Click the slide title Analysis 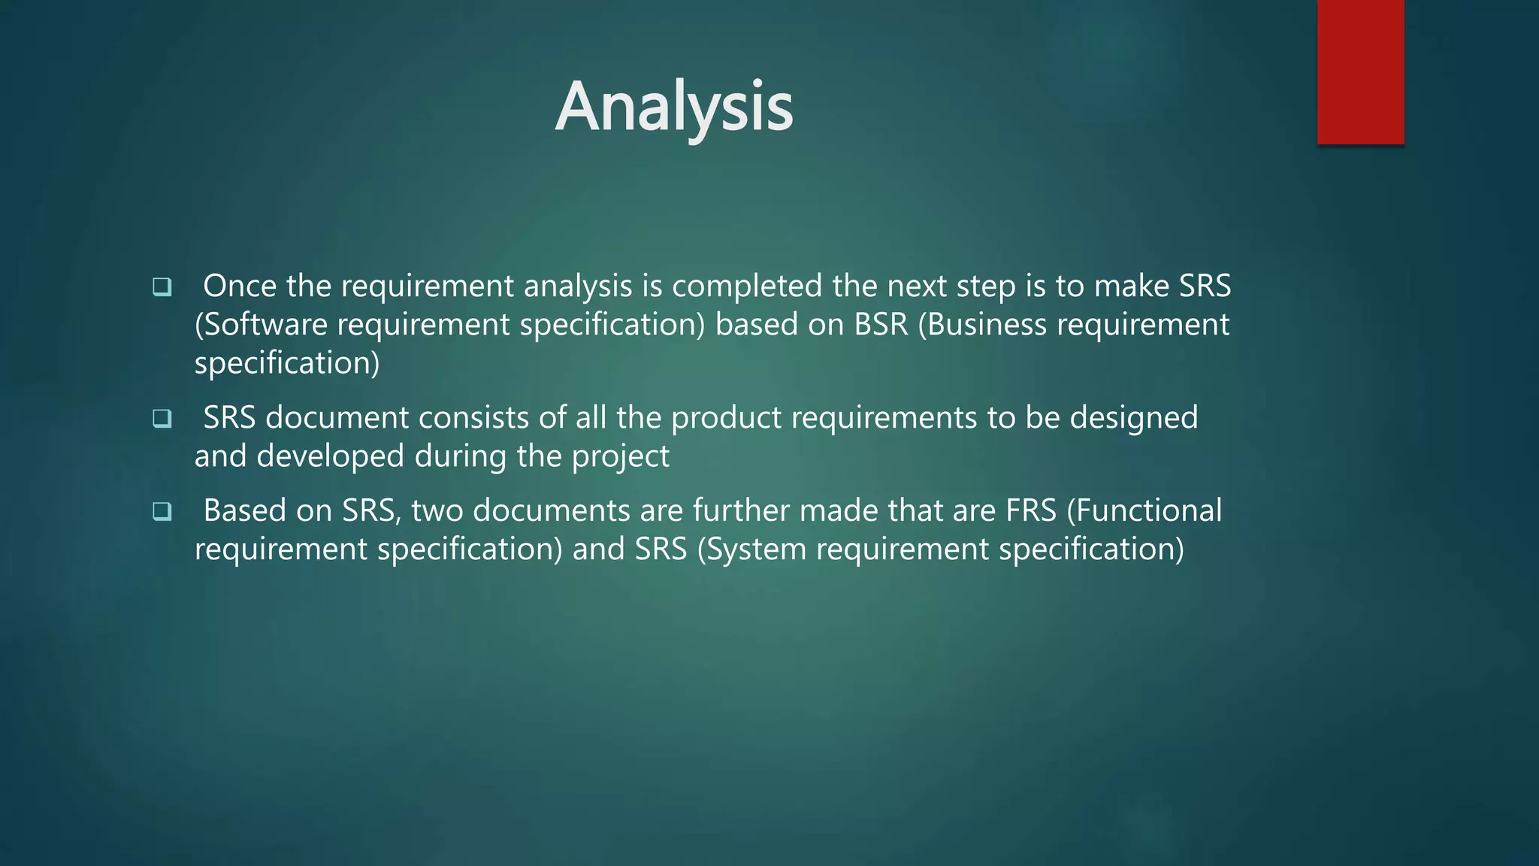tap(674, 107)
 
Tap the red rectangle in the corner tap(1360, 71)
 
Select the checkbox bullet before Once tap(162, 286)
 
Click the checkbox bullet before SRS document tap(162, 418)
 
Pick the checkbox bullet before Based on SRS tap(162, 511)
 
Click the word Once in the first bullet tap(240, 286)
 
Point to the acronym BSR tap(881, 324)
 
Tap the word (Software tap(261, 324)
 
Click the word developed tap(330, 456)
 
